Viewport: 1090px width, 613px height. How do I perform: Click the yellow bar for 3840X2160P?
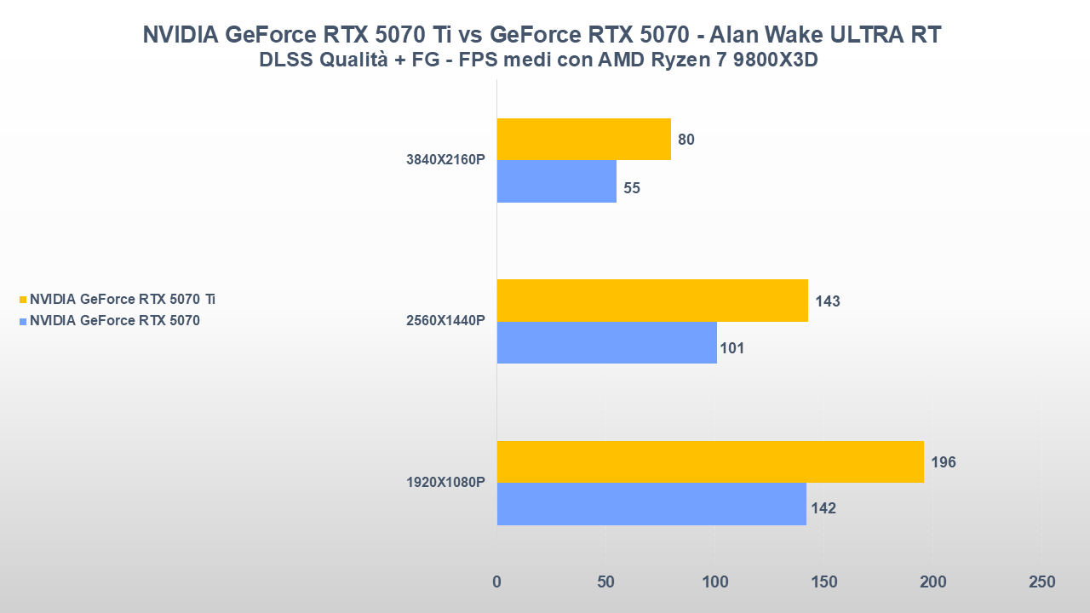583,140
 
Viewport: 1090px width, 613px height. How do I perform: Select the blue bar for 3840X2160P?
556,181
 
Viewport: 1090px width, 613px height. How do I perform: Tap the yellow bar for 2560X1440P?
651,301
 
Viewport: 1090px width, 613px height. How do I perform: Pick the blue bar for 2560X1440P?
606,342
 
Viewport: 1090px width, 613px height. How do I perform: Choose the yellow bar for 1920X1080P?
709,461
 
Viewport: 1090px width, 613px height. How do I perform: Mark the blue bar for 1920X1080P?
651,504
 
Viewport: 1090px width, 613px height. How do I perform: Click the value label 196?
944,462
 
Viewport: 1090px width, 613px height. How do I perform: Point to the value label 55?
632,188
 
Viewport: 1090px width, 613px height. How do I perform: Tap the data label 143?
828,301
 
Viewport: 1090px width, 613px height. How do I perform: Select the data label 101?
732,348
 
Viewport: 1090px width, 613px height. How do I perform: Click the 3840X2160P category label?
446,160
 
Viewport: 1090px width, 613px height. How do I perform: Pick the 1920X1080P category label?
446,483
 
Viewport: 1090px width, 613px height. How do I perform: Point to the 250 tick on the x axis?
1041,582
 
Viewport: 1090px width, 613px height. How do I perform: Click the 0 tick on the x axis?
496,582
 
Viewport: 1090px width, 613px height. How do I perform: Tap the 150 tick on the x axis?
823,582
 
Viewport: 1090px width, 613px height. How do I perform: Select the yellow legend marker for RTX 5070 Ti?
23,300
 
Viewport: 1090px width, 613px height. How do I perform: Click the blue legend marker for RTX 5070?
23,321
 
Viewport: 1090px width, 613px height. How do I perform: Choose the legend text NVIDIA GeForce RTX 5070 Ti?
123,300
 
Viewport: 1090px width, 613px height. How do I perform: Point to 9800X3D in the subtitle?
771,60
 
